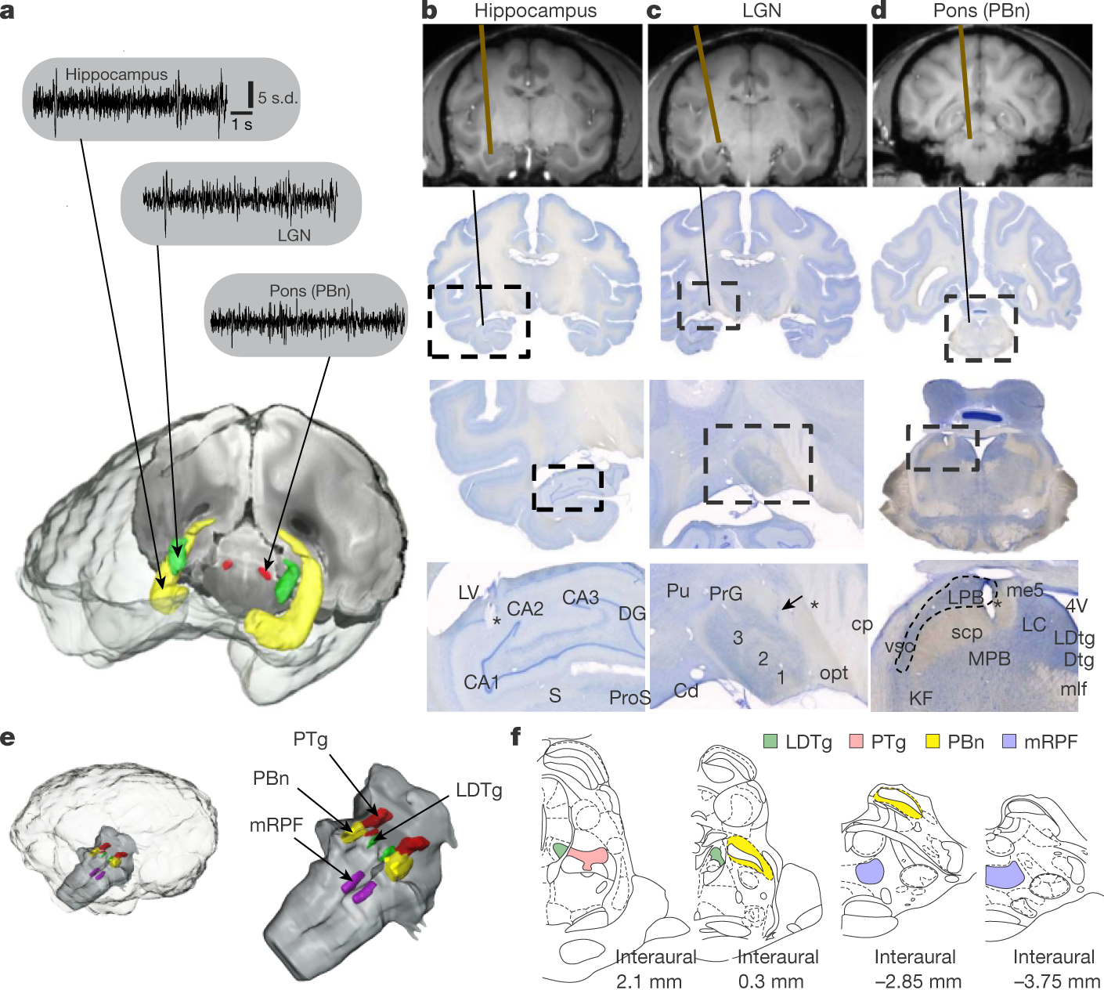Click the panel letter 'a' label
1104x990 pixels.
point(8,13)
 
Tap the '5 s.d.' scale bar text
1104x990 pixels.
point(278,98)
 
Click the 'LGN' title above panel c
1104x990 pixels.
point(761,11)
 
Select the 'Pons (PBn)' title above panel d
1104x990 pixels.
point(981,11)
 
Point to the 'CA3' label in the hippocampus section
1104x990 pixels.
point(580,598)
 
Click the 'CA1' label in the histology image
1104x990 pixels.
point(482,683)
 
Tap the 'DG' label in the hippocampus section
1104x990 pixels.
point(631,613)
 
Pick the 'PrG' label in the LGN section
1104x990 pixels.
point(725,594)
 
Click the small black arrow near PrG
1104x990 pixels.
point(792,602)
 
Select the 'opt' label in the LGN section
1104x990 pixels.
point(834,673)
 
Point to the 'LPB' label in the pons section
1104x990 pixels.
point(965,597)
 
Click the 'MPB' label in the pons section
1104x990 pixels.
point(989,659)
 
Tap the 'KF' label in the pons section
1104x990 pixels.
point(921,697)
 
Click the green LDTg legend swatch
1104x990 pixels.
point(770,741)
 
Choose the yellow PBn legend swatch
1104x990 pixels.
point(933,741)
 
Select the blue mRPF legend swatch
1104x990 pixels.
point(1009,741)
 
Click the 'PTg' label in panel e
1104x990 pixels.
point(310,739)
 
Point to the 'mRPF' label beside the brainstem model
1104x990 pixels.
point(276,824)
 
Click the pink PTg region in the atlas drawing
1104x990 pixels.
point(587,858)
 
